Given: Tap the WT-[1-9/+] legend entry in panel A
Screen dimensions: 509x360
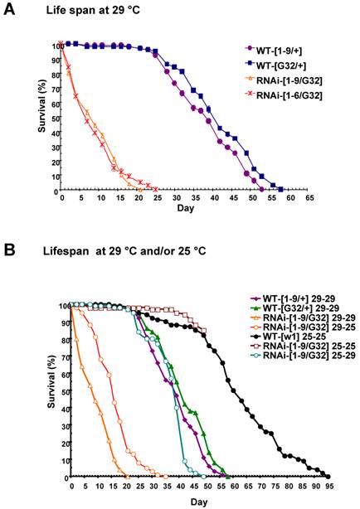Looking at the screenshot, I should click(x=299, y=48).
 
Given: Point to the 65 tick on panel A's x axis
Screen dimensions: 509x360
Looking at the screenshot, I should click(x=310, y=200).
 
